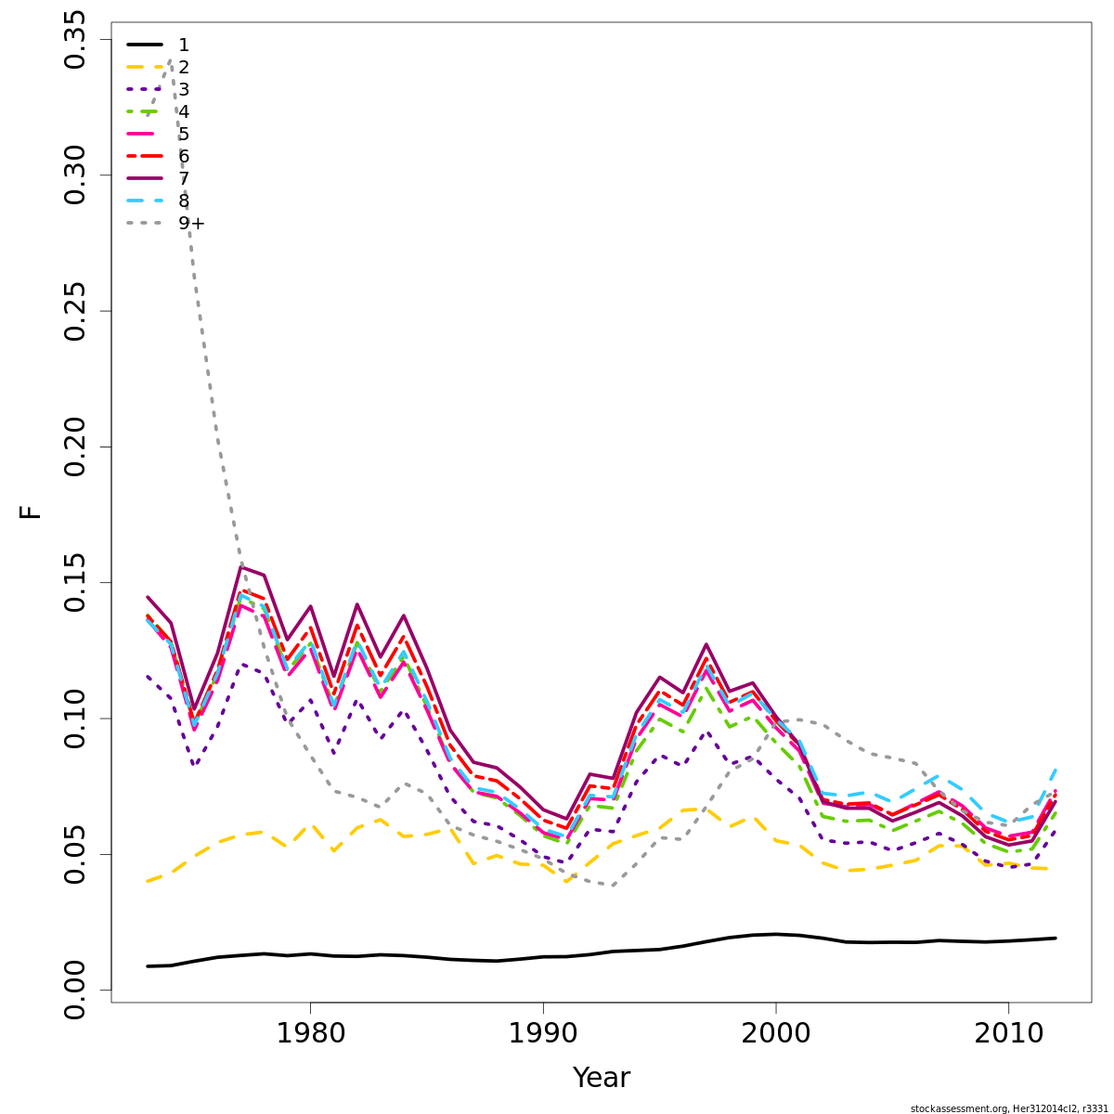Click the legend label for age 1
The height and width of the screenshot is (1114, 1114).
pyautogui.click(x=184, y=45)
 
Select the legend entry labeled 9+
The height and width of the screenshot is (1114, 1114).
pyautogui.click(x=191, y=223)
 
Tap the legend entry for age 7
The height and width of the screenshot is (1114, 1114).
pyautogui.click(x=184, y=178)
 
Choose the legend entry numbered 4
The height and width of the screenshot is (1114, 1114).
pyautogui.click(x=184, y=111)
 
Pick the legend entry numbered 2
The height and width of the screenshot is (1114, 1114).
pyautogui.click(x=184, y=67)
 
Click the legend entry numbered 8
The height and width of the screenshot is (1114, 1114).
pyautogui.click(x=184, y=201)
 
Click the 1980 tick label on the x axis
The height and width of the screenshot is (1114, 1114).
pyautogui.click(x=310, y=1033)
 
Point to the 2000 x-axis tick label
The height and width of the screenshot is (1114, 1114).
pyautogui.click(x=776, y=1033)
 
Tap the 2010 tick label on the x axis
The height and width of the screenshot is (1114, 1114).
pyautogui.click(x=1008, y=1033)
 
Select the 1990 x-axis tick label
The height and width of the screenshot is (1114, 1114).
pyautogui.click(x=543, y=1033)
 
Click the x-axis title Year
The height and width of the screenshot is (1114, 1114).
pyautogui.click(x=602, y=1078)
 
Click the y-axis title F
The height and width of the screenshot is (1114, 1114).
pyautogui.click(x=32, y=512)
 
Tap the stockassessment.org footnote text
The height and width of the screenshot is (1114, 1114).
pyautogui.click(x=1008, y=1108)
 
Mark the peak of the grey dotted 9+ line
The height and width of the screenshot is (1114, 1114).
pyautogui.click(x=170, y=60)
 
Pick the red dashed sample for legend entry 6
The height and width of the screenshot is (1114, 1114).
pyautogui.click(x=145, y=156)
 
